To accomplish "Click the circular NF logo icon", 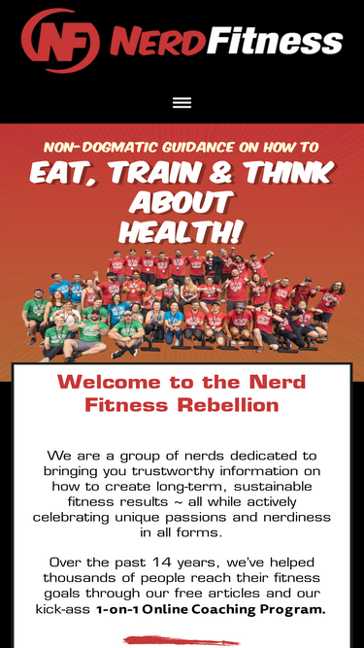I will point(59,41).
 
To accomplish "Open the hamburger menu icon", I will point(182,102).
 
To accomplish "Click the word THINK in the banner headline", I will point(286,173).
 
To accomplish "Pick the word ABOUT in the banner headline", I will point(182,202).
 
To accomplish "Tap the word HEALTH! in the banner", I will point(182,232).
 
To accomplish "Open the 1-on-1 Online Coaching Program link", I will point(211,610).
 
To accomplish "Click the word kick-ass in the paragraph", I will point(63,610).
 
